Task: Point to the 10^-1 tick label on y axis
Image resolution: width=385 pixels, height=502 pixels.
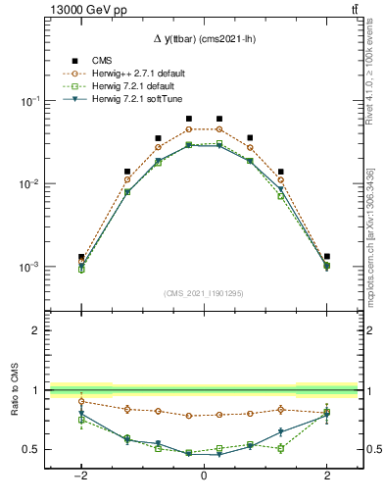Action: pos(29,102)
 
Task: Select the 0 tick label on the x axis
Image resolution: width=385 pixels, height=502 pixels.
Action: pos(203,476)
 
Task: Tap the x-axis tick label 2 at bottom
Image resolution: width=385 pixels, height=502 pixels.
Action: pos(327,476)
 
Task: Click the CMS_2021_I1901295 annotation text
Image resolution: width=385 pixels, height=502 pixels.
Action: pos(203,293)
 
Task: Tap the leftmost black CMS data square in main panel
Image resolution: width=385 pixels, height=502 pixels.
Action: pos(81,257)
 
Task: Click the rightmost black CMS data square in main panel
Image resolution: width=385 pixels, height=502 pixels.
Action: pos(327,256)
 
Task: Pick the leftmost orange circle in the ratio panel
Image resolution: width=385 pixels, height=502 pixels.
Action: pos(81,401)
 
